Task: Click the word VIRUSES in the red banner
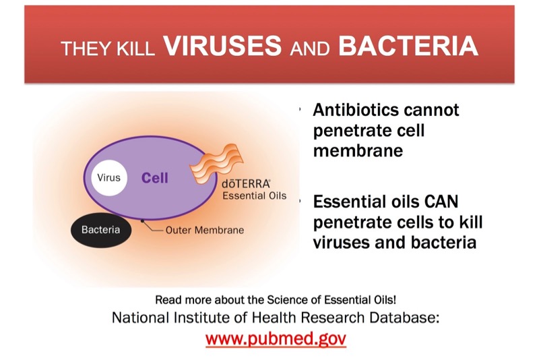click(222, 46)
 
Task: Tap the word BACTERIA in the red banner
click(408, 46)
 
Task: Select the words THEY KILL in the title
click(108, 48)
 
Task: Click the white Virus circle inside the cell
click(109, 178)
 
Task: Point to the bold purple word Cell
click(155, 178)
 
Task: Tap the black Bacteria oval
click(101, 230)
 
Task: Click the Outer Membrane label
click(205, 230)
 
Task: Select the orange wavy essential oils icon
click(216, 164)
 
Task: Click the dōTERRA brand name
click(246, 184)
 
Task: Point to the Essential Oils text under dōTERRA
click(255, 196)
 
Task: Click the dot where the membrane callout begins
click(142, 220)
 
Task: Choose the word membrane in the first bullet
click(358, 150)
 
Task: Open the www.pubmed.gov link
click(276, 338)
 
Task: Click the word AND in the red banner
click(310, 49)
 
